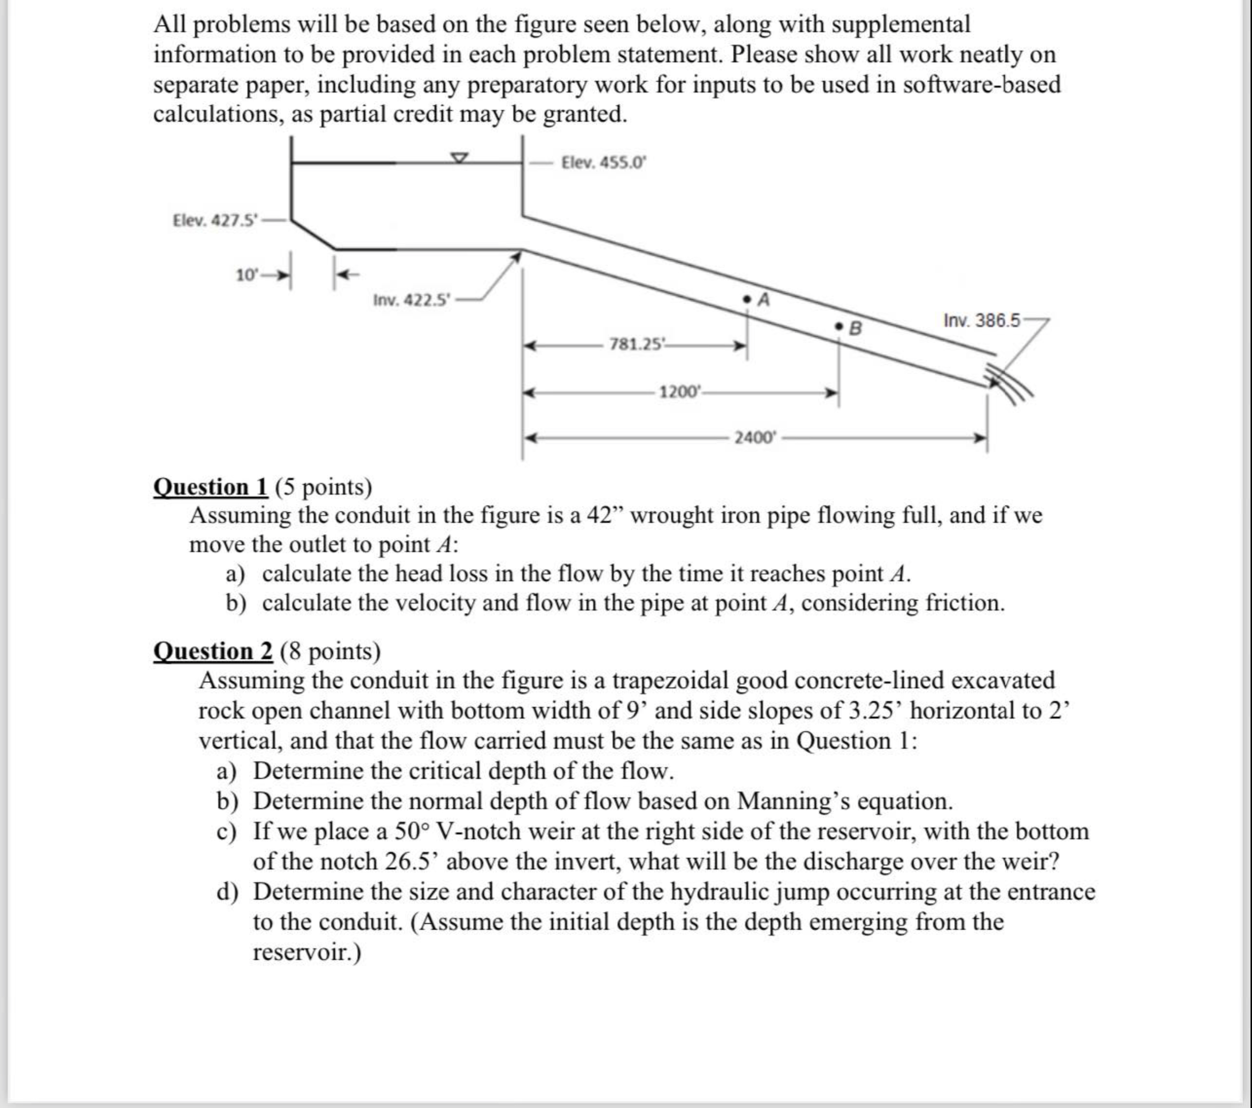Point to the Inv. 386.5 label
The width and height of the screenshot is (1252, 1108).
pyautogui.click(x=982, y=320)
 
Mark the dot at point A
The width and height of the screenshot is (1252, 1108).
pyautogui.click(x=747, y=299)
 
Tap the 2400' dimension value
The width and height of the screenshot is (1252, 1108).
pyautogui.click(x=755, y=437)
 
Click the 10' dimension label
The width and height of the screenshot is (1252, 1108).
pyautogui.click(x=248, y=275)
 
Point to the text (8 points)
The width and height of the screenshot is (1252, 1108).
pyautogui.click(x=331, y=651)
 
